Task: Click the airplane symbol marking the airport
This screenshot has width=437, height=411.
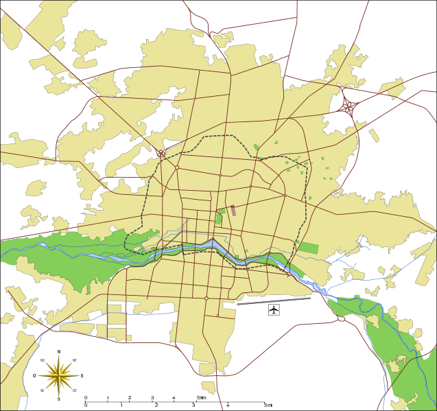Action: click(274, 310)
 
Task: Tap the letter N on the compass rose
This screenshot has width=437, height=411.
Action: click(59, 352)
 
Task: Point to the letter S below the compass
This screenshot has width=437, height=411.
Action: click(59, 399)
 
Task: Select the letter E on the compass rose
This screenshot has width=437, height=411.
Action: click(82, 376)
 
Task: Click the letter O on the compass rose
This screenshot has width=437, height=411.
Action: click(34, 376)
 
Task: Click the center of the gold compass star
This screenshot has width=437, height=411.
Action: click(59, 375)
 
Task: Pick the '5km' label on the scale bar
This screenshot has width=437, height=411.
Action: click(201, 398)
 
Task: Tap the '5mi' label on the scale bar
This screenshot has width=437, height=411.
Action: click(268, 406)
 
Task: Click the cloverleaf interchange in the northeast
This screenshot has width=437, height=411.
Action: click(349, 107)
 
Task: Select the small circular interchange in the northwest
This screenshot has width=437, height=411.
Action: click(161, 154)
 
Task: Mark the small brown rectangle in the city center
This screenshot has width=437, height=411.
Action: click(233, 211)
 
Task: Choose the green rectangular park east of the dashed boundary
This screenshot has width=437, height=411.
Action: click(309, 248)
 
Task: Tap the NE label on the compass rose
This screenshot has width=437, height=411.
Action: click(74, 360)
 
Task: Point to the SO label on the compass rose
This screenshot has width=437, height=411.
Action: click(43, 390)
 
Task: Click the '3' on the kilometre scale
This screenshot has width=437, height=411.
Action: click(152, 398)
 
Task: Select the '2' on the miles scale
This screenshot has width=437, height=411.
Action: click(156, 406)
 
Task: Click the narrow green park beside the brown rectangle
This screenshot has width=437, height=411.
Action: click(220, 217)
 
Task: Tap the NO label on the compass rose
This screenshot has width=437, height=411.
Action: click(43, 360)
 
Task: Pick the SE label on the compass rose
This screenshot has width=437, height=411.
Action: click(74, 390)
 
